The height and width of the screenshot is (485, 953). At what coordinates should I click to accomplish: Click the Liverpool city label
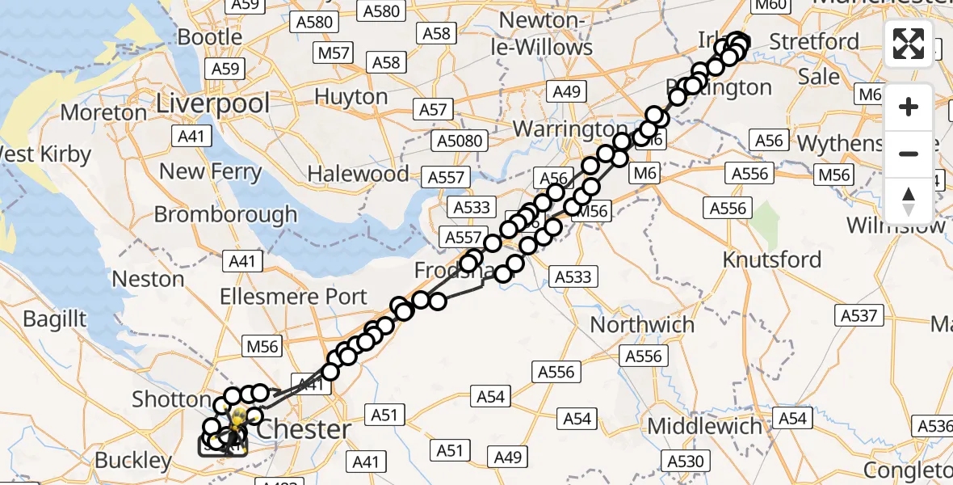pyautogui.click(x=212, y=103)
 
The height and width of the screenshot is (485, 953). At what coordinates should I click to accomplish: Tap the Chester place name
pyautogui.click(x=303, y=429)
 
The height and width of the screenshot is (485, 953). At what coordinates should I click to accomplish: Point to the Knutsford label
pyautogui.click(x=771, y=260)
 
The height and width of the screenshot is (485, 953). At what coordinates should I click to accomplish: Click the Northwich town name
pyautogui.click(x=642, y=325)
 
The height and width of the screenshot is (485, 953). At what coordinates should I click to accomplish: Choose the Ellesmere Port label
pyautogui.click(x=294, y=297)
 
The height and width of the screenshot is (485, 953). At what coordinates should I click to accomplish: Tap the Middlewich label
pyautogui.click(x=704, y=426)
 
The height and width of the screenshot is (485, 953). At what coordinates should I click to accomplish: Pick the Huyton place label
pyautogui.click(x=351, y=96)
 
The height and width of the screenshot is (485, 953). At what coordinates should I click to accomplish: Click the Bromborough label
pyautogui.click(x=225, y=215)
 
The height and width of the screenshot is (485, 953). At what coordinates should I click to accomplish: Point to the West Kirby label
pyautogui.click(x=44, y=154)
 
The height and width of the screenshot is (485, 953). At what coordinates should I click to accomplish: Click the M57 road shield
pyautogui.click(x=334, y=53)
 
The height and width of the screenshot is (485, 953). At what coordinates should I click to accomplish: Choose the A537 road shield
pyautogui.click(x=859, y=315)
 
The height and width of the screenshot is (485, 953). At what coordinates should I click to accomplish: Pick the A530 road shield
pyautogui.click(x=689, y=461)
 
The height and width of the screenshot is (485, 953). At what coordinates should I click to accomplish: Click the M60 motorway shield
pyautogui.click(x=769, y=6)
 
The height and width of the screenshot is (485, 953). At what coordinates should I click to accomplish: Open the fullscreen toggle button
pyautogui.click(x=909, y=44)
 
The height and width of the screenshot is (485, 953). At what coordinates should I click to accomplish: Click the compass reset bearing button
pyautogui.click(x=909, y=200)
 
